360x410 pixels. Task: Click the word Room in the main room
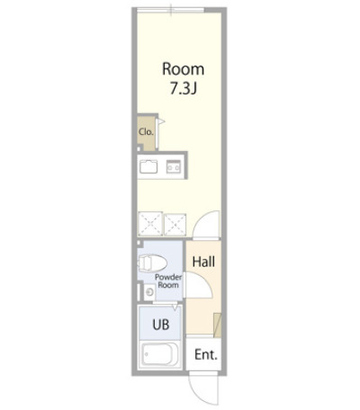[x=184, y=69]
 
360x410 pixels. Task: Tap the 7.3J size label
[x=184, y=88]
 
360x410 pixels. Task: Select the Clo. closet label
[x=146, y=132]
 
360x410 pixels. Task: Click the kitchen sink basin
[x=148, y=166]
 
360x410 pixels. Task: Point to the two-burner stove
[x=174, y=166]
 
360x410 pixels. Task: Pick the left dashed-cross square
[x=150, y=224]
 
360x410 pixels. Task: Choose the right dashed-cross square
[x=175, y=224]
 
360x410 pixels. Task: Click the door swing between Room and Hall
[x=206, y=225]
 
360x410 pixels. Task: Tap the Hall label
[x=203, y=262]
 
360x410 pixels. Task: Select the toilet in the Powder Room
[x=152, y=263]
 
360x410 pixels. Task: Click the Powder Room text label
[x=168, y=281]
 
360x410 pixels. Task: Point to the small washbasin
[x=149, y=291]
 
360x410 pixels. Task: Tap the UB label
[x=161, y=325]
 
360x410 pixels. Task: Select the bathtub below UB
[x=160, y=354]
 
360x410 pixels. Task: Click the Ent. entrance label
[x=206, y=355]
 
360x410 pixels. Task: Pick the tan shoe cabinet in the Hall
[x=218, y=325]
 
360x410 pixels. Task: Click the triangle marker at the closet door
[x=161, y=121]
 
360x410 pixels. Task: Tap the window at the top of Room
[x=170, y=11]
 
